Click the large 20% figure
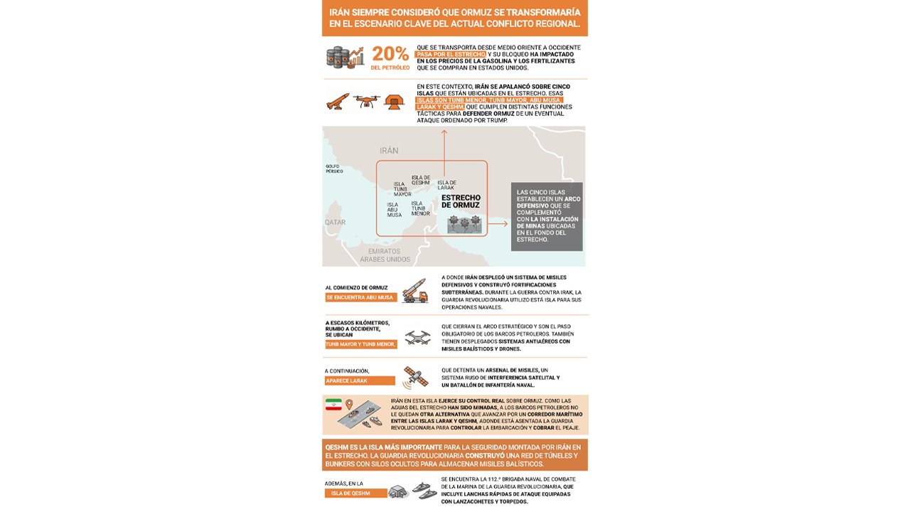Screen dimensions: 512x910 pos(390,54)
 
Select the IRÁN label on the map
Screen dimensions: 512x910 pos(389,151)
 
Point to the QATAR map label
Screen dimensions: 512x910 pos(335,223)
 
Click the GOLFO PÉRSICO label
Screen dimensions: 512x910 pos(334,169)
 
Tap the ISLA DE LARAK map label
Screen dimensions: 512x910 pos(446,186)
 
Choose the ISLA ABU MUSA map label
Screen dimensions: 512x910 pos(395,210)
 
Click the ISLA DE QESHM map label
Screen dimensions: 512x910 pos(421,180)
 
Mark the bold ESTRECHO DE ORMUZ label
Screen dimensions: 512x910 pos(461,201)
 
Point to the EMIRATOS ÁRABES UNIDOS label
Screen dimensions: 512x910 pos(385,255)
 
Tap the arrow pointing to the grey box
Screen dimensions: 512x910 pos(499,224)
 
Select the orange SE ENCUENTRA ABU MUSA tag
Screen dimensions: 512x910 pos(360,297)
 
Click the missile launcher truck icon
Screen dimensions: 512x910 pos(414,291)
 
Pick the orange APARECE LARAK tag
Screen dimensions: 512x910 pos(360,380)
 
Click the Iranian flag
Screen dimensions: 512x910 pos(333,405)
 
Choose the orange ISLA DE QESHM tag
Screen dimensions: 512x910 pos(356,493)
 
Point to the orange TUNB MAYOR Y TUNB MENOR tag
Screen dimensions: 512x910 pos(360,344)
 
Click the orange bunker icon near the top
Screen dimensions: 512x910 pos(395,102)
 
